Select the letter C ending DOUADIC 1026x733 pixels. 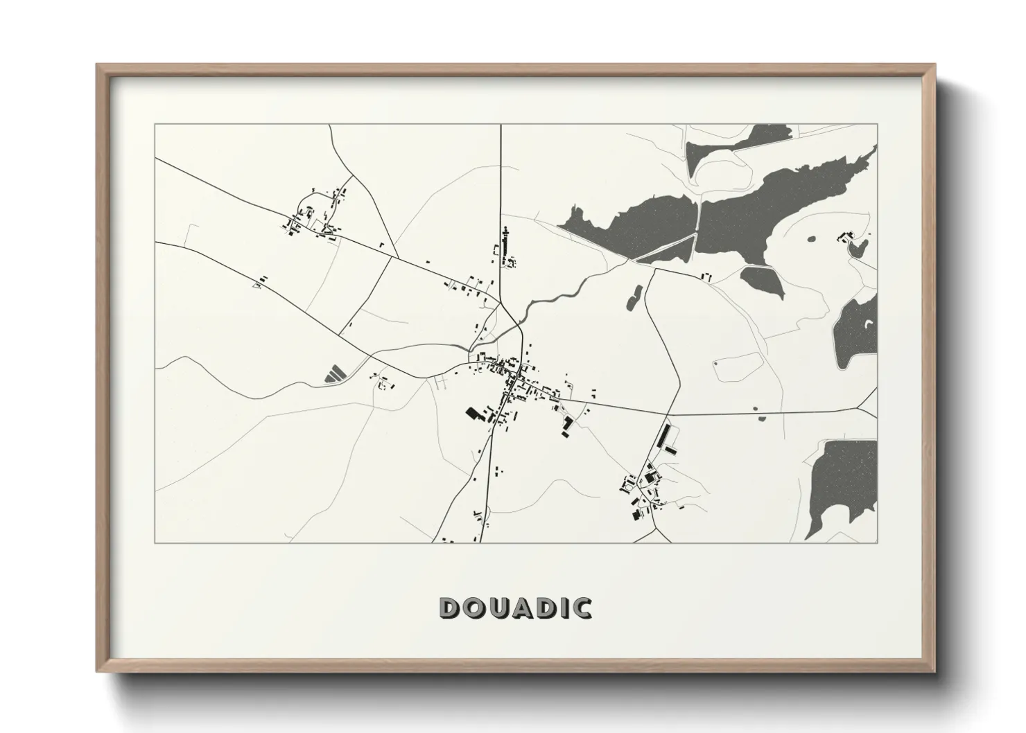coord(582,608)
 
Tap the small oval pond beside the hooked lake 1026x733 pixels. coord(810,240)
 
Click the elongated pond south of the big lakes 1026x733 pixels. coord(634,297)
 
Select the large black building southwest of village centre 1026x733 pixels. coord(475,414)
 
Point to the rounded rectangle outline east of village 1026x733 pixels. coord(736,368)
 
